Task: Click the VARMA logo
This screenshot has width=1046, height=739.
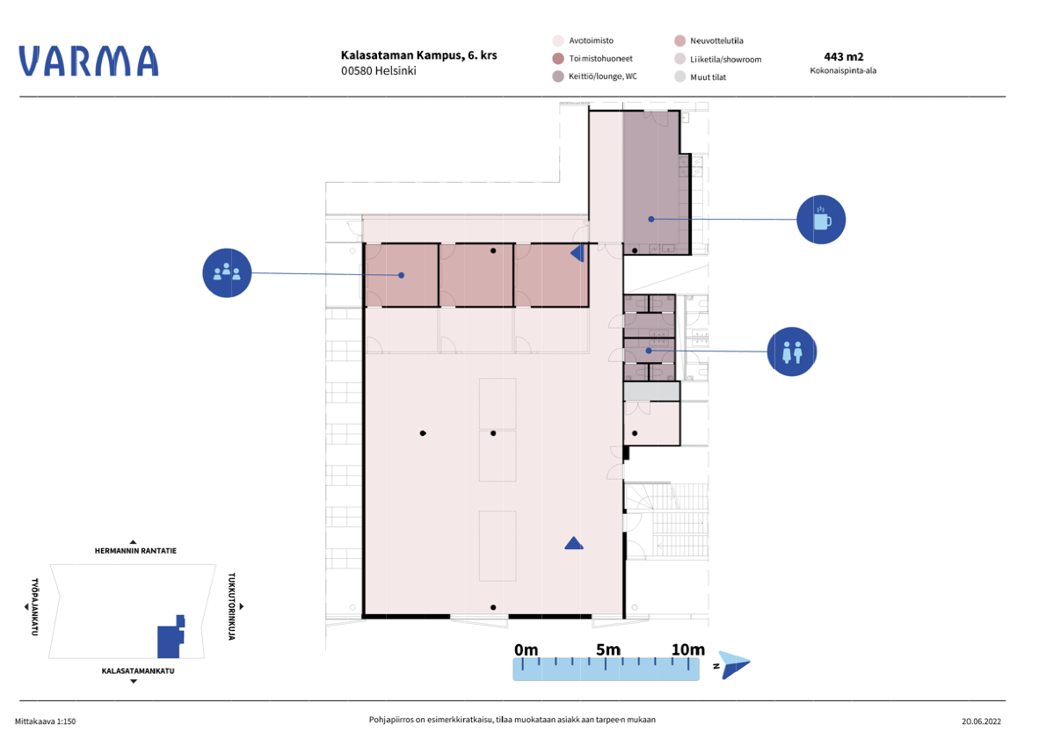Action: [x=89, y=61]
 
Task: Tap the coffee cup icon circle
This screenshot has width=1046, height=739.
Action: [x=821, y=220]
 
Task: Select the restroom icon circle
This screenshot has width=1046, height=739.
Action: [x=792, y=351]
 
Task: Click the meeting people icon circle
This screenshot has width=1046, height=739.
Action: [x=227, y=272]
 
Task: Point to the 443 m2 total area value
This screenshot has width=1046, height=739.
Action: [x=843, y=57]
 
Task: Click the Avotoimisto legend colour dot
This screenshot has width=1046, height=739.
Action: [x=558, y=40]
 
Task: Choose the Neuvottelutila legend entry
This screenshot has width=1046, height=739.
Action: [x=708, y=40]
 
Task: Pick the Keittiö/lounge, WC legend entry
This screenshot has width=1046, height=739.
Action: [x=594, y=76]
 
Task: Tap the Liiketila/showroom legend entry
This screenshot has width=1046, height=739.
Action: [x=718, y=59]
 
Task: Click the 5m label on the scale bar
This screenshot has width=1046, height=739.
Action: [x=607, y=649]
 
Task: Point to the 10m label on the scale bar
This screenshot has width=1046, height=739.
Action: [x=687, y=649]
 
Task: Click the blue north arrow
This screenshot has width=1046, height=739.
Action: [x=735, y=665]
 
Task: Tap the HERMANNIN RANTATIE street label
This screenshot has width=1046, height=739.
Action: [x=135, y=551]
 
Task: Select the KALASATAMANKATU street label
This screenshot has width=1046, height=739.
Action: [x=137, y=671]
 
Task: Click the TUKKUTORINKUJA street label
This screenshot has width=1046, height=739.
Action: [x=231, y=606]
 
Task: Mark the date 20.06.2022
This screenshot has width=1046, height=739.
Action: [x=981, y=721]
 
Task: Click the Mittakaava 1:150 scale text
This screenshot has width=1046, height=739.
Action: [x=46, y=721]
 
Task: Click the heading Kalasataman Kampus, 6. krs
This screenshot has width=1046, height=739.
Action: [x=419, y=55]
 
